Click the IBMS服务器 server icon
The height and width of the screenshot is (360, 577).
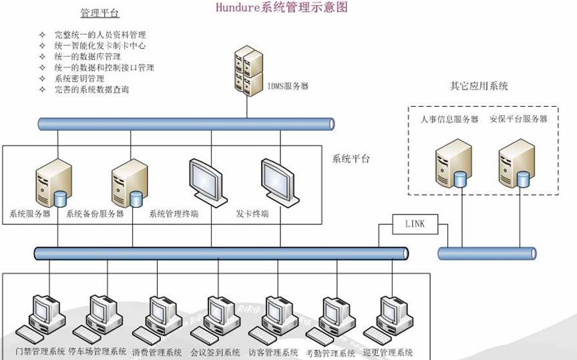click(x=247, y=68)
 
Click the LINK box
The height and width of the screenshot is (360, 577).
click(x=414, y=224)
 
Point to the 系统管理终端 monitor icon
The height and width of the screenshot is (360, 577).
click(x=206, y=180)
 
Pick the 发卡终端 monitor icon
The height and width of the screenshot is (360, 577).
click(x=277, y=180)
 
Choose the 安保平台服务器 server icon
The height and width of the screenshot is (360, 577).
click(x=516, y=164)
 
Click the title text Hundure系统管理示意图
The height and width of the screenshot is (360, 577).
click(x=282, y=8)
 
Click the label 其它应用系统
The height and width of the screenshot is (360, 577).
click(x=479, y=86)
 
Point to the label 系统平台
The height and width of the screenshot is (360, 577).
click(x=351, y=159)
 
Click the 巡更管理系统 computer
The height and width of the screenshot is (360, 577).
click(x=389, y=317)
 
